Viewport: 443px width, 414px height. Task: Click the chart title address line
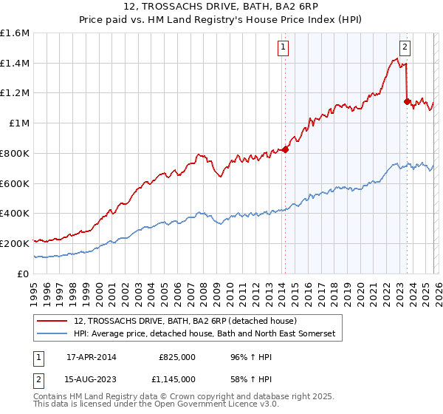click(221, 7)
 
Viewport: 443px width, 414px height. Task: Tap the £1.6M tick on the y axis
click(15, 33)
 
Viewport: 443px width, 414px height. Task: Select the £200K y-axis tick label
click(15, 243)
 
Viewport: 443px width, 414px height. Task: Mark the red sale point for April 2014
click(285, 149)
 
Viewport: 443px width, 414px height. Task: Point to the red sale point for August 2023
click(407, 101)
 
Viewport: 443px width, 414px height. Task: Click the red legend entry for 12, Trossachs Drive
click(185, 321)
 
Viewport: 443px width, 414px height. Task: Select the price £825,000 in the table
click(177, 357)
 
